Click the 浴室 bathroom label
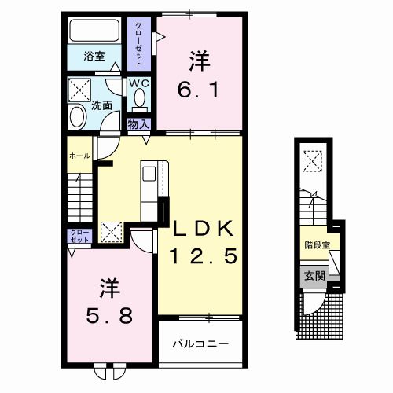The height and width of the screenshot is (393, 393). tap(94, 57)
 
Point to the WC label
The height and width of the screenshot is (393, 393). tap(140, 83)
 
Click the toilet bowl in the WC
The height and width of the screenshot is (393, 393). tap(140, 99)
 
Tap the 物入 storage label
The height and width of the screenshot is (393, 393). tap(138, 124)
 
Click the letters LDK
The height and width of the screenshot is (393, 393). tap(203, 228)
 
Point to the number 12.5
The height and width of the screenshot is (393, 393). tap(203, 255)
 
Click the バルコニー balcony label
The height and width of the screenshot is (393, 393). tap(200, 343)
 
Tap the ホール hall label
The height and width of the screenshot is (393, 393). tap(78, 156)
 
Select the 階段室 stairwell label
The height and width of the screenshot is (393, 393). tap(317, 245)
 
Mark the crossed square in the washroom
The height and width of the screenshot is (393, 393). tap(79, 87)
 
